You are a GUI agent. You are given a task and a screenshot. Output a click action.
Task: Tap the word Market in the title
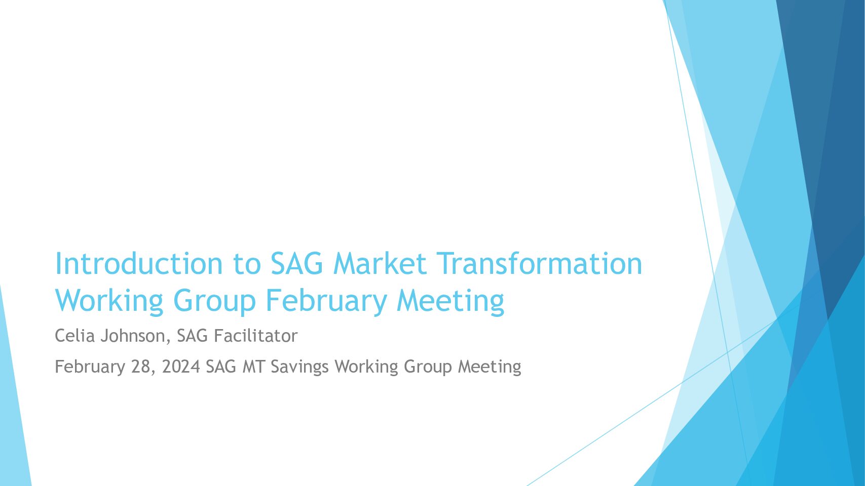pyautogui.click(x=380, y=263)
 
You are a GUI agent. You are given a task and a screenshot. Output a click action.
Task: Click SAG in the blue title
pyautogui.click(x=296, y=263)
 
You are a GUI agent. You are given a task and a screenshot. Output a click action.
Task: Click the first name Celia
pyautogui.click(x=75, y=336)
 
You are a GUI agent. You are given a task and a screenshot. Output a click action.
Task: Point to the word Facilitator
pyautogui.click(x=255, y=336)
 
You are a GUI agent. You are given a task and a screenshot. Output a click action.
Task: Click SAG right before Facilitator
pyautogui.click(x=193, y=336)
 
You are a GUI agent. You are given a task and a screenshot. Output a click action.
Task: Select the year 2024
pyautogui.click(x=181, y=367)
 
